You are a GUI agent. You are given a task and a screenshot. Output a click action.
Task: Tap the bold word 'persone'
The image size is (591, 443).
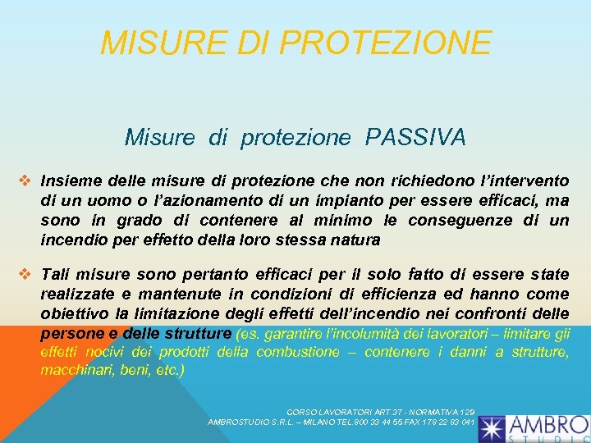coord(71,334)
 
